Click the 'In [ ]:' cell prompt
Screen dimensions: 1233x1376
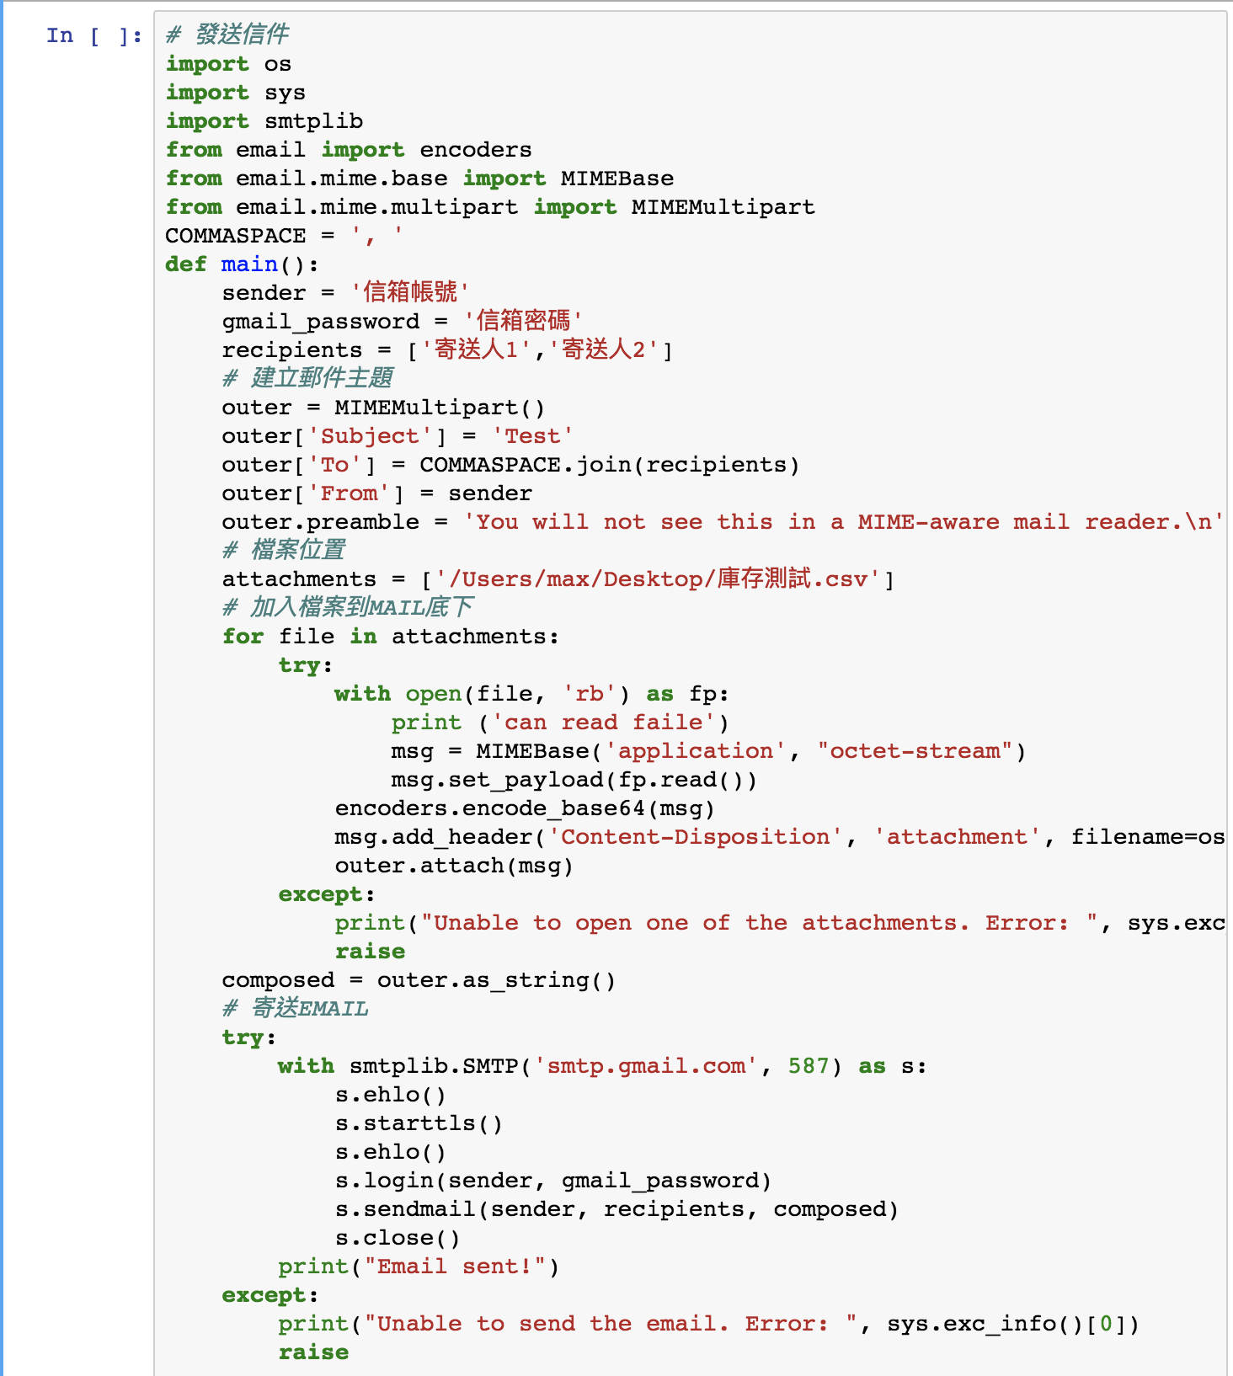point(94,35)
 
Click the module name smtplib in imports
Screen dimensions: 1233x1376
point(314,121)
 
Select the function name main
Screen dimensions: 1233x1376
point(249,264)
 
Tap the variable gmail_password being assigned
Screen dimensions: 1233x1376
point(321,322)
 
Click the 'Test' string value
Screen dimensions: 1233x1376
point(532,436)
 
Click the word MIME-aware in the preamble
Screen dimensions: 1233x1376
point(929,522)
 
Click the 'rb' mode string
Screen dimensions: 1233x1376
point(589,694)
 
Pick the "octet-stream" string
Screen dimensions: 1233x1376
point(915,751)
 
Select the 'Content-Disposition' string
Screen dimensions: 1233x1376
point(696,837)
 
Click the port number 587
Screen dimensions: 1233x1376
point(809,1066)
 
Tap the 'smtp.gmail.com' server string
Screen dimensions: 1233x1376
point(646,1066)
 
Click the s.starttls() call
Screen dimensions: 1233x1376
point(419,1123)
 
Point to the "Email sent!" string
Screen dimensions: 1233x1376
point(455,1267)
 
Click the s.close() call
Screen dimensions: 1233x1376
point(398,1238)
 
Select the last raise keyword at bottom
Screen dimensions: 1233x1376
point(313,1352)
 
